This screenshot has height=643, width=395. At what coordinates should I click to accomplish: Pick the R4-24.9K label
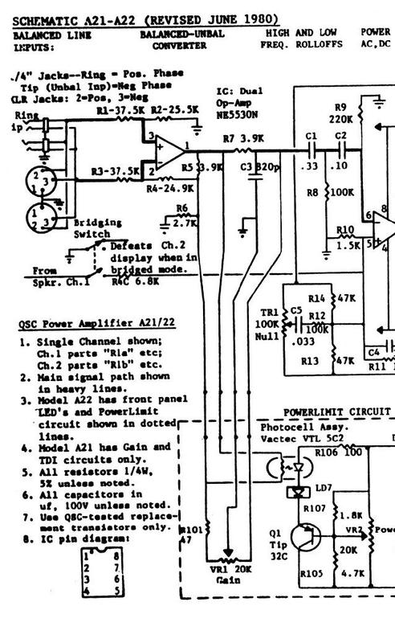(x=170, y=189)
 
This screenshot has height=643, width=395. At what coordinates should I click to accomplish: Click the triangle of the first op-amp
(x=166, y=150)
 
